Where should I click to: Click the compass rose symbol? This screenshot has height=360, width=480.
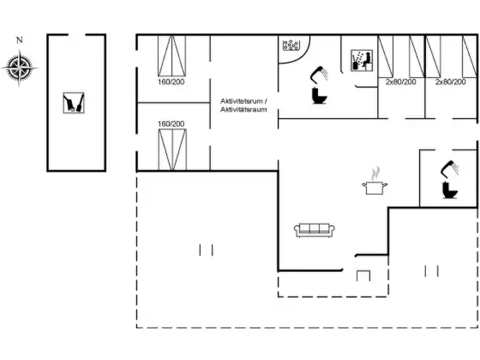[x=19, y=68]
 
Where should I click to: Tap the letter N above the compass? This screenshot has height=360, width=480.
[x=19, y=40]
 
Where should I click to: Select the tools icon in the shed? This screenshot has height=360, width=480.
[x=73, y=103]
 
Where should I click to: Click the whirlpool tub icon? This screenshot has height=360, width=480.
[x=291, y=45]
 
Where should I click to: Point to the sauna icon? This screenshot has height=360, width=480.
[x=361, y=60]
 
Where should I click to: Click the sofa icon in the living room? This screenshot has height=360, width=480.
[x=314, y=230]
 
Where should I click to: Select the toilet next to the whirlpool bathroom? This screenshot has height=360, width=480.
[x=320, y=96]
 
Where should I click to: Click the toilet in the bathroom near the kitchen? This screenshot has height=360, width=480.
[x=450, y=190]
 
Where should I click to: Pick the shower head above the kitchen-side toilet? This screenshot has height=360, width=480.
[x=449, y=168]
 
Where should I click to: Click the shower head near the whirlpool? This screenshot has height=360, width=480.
[x=319, y=74]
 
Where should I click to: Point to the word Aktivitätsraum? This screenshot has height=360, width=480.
[x=244, y=109]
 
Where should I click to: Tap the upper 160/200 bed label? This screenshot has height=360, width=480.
[x=171, y=82]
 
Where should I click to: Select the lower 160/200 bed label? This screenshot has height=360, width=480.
[x=171, y=124]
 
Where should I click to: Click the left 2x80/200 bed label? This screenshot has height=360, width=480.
[x=401, y=82]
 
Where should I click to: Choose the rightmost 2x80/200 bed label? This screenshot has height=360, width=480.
[x=450, y=82]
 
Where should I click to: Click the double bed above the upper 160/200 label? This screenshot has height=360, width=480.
[x=172, y=55]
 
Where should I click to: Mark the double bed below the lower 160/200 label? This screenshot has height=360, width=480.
[x=173, y=150]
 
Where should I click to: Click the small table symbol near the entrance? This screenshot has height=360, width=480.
[x=363, y=276]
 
